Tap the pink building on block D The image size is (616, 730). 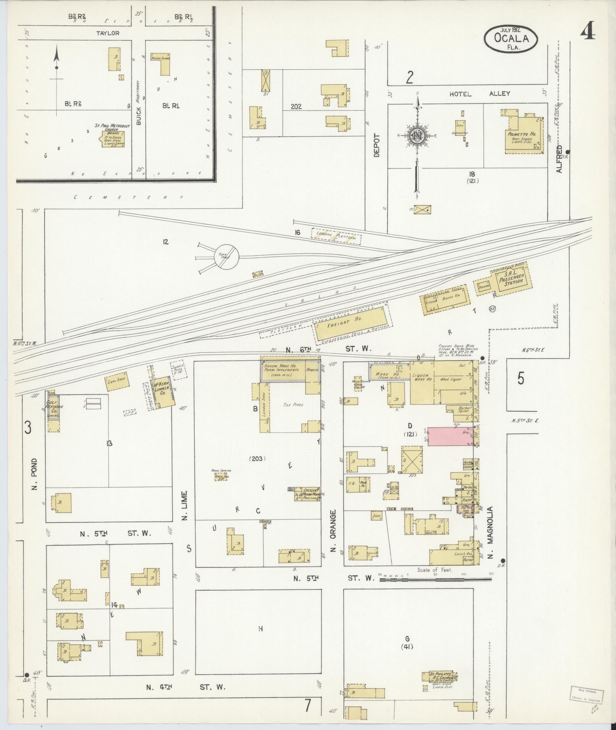(450, 436)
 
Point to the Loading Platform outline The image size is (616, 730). (336, 236)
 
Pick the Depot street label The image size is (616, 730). (377, 145)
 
